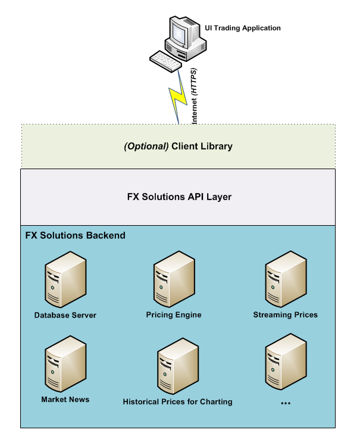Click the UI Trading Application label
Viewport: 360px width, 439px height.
coord(243,28)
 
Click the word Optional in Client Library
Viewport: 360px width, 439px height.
coord(146,146)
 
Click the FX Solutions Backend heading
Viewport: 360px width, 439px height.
coord(75,235)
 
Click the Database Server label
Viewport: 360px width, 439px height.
coord(65,315)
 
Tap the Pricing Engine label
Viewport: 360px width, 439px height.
coord(174,315)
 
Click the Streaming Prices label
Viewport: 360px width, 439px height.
coord(285,315)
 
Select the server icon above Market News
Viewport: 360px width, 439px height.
coord(65,364)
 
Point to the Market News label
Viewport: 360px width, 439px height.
coord(65,399)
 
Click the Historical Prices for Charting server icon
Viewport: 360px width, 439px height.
coord(177,366)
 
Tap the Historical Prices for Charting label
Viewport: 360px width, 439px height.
coord(177,401)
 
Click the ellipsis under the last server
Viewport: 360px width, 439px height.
coord(285,403)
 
